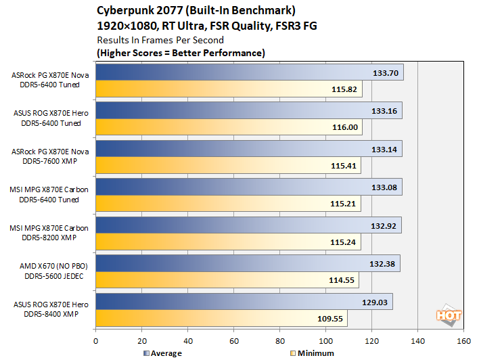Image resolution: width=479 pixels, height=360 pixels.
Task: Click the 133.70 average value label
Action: (386, 72)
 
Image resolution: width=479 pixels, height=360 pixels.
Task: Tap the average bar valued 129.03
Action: (244, 301)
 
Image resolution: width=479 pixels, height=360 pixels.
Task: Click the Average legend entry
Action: (162, 353)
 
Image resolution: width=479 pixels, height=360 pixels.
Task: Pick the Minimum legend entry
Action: (312, 353)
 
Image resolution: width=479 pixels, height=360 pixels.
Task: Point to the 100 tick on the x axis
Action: (326, 340)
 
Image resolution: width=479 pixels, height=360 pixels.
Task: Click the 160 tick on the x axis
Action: (463, 340)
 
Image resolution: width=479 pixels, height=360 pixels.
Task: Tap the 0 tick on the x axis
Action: (96, 340)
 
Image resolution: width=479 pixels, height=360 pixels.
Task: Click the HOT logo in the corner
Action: (444, 314)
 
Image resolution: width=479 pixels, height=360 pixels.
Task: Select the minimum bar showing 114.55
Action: (227, 280)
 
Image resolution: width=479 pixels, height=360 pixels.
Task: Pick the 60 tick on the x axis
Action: (234, 340)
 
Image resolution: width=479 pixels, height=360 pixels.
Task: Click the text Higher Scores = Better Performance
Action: (181, 53)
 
